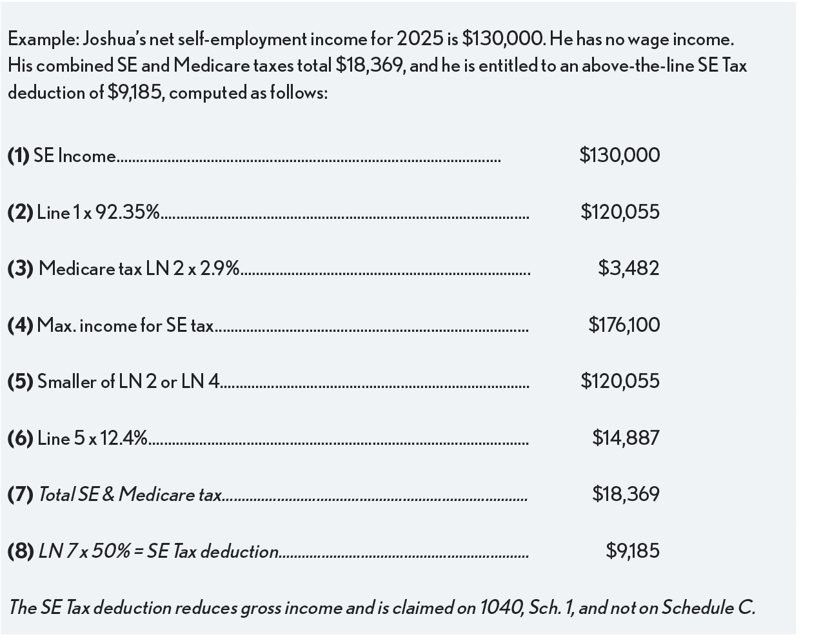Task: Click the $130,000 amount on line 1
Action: (x=619, y=156)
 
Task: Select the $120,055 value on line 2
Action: (x=620, y=212)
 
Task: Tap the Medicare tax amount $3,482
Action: (x=628, y=268)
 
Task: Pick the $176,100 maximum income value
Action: (x=624, y=325)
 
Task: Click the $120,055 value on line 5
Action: (x=620, y=381)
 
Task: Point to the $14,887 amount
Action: (x=626, y=438)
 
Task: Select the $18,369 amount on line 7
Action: (x=626, y=495)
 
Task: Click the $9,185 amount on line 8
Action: (x=632, y=551)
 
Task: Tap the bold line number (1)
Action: (x=19, y=156)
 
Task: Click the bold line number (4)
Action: (x=20, y=325)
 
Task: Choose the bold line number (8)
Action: (x=21, y=551)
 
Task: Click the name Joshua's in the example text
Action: (x=114, y=39)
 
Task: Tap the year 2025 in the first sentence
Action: (x=419, y=39)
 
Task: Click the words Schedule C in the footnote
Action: (x=707, y=608)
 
